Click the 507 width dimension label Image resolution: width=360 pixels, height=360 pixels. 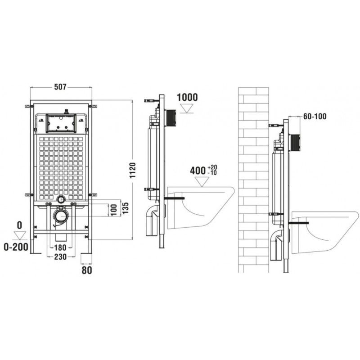(60, 86)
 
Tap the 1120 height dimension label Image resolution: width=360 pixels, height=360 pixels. (132, 171)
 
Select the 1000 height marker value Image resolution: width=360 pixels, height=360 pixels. (187, 97)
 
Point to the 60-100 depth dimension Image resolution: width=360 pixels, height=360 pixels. (315, 117)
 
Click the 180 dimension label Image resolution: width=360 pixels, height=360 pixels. (60, 247)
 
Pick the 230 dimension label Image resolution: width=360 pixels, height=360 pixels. (60, 256)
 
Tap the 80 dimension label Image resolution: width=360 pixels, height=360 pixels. (87, 270)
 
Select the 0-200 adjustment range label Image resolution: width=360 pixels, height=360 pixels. (16, 247)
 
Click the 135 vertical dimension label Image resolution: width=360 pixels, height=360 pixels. (126, 208)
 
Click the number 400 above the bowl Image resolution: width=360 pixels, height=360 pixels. (198, 171)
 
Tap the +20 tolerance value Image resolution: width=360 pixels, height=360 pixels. (212, 167)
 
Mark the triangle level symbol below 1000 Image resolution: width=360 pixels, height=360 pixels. (187, 108)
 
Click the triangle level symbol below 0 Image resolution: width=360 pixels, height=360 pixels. (20, 236)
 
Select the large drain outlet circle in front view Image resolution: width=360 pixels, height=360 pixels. (61, 216)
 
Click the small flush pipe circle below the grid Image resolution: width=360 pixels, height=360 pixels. (61, 199)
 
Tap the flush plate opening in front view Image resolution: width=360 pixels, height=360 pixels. (61, 123)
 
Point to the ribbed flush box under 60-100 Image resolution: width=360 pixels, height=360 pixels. (295, 143)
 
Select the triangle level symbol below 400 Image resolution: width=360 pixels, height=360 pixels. (202, 182)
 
